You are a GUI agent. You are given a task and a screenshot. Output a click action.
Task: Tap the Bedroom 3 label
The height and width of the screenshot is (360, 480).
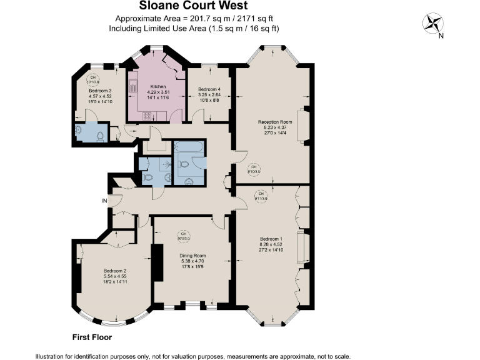(x=100, y=91)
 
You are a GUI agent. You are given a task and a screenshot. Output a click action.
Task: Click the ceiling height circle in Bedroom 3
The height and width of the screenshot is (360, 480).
(x=94, y=80)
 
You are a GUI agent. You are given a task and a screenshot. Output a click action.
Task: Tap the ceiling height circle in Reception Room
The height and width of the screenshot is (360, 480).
(x=253, y=167)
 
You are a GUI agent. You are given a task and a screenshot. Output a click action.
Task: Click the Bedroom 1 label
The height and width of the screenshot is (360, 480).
(x=272, y=239)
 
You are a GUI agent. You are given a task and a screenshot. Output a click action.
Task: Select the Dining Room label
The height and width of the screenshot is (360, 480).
(x=192, y=256)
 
